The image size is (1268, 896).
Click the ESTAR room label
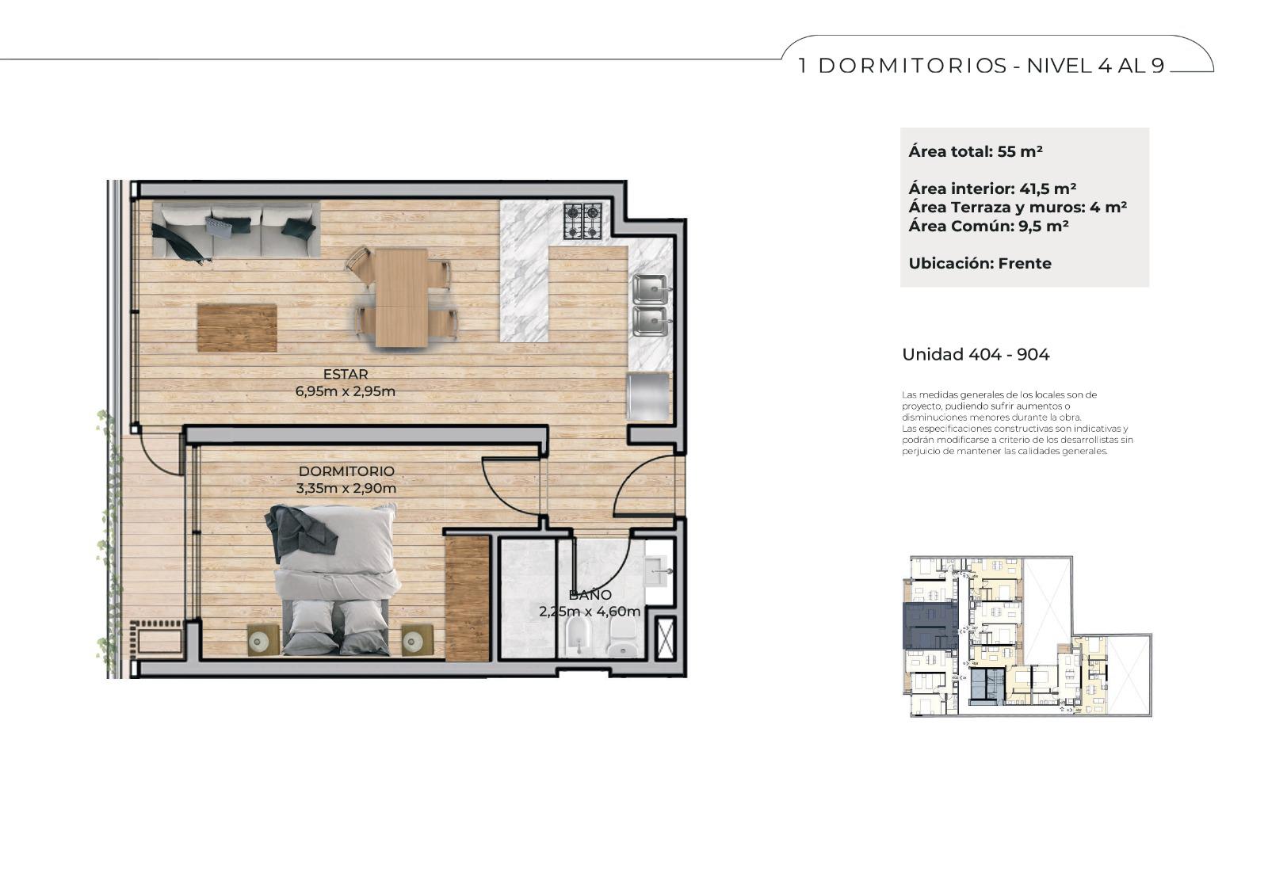346,374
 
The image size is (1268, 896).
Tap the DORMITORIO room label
346,471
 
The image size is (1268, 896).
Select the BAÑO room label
590,595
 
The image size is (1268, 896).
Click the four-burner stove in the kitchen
582,221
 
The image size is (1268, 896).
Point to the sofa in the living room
235,231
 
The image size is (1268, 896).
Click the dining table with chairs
402,298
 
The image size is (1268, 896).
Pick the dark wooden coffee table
237,328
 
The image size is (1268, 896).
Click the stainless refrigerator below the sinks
648,396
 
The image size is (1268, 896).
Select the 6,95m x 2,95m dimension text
346,391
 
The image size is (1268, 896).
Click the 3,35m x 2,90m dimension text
346,489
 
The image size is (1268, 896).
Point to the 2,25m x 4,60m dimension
590,612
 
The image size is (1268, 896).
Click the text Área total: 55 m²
976,151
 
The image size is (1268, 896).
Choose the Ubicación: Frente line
980,264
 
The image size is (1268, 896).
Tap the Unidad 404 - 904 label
976,355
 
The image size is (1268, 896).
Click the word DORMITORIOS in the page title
912,67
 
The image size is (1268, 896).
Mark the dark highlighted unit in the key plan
930,625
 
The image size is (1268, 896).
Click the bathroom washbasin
659,572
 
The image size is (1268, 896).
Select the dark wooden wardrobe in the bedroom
467,597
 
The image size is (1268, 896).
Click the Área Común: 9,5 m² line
988,227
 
